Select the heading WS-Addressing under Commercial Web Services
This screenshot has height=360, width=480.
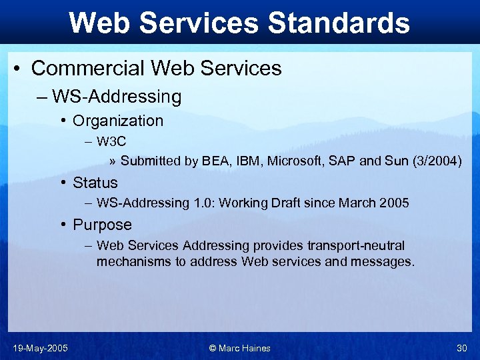tap(117, 97)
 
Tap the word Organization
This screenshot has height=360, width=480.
tap(118, 121)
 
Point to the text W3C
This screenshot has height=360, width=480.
tap(111, 141)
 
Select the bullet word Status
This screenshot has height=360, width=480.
tap(95, 183)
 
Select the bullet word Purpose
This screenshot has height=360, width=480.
tap(103, 225)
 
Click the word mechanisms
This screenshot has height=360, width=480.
tap(134, 262)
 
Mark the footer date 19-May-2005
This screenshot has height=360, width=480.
tap(40, 348)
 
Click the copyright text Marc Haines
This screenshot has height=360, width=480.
tap(246, 348)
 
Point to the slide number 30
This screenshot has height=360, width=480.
tap(462, 348)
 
